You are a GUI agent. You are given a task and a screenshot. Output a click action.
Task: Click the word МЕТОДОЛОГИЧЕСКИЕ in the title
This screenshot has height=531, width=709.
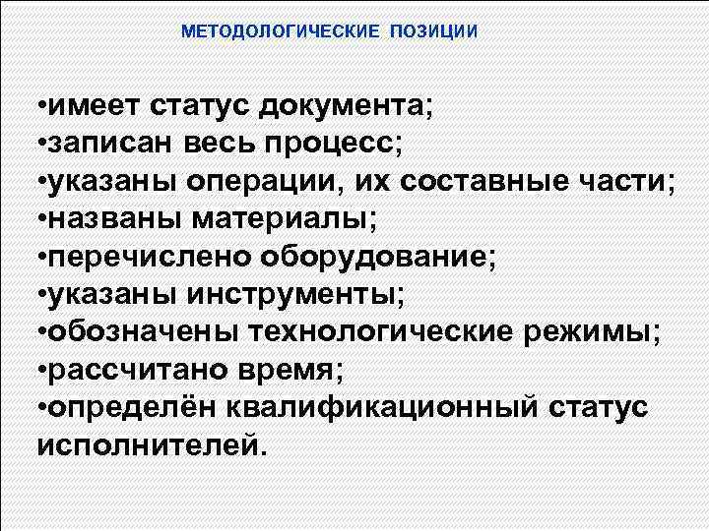281,31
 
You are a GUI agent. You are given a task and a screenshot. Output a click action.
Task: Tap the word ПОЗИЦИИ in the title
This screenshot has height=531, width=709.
433,31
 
